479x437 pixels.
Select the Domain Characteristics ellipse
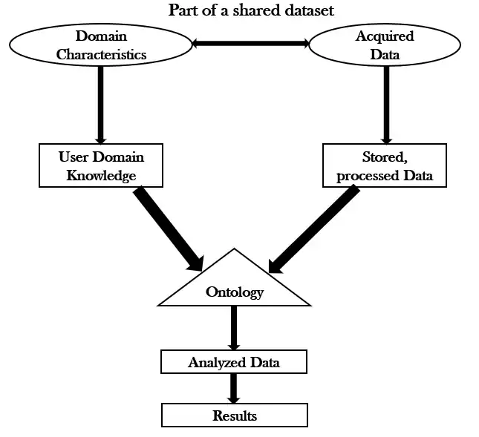pos(102,45)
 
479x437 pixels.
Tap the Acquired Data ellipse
pos(385,45)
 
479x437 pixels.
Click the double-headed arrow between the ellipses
pos(250,44)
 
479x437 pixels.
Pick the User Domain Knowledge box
pos(101,165)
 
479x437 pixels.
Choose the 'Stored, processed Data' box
pos(385,165)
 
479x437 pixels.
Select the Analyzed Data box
pos(234,363)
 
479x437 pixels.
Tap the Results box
pos(234,415)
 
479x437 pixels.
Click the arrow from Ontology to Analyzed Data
pos(234,326)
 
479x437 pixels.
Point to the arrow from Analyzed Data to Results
pos(234,388)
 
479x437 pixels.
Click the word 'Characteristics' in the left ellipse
pos(102,54)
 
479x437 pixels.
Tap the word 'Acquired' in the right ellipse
pos(385,36)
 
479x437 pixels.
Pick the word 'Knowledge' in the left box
pos(101,175)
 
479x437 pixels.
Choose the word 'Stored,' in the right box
pos(385,157)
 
